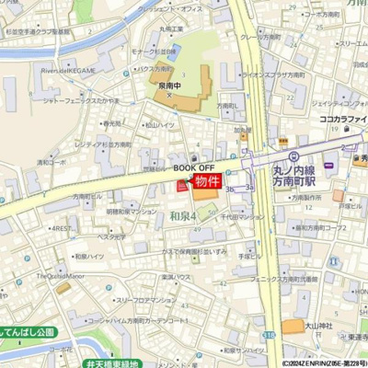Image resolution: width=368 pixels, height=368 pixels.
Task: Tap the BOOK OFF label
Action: pos(194,168)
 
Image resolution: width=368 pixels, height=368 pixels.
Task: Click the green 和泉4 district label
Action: pos(184,215)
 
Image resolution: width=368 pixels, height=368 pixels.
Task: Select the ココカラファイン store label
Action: pos(344,119)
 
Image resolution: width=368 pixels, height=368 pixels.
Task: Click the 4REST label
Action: pos(63,227)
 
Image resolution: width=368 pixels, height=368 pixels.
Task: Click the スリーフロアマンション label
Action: pos(145,300)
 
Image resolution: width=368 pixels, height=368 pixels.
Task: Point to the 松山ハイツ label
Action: pos(159,124)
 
